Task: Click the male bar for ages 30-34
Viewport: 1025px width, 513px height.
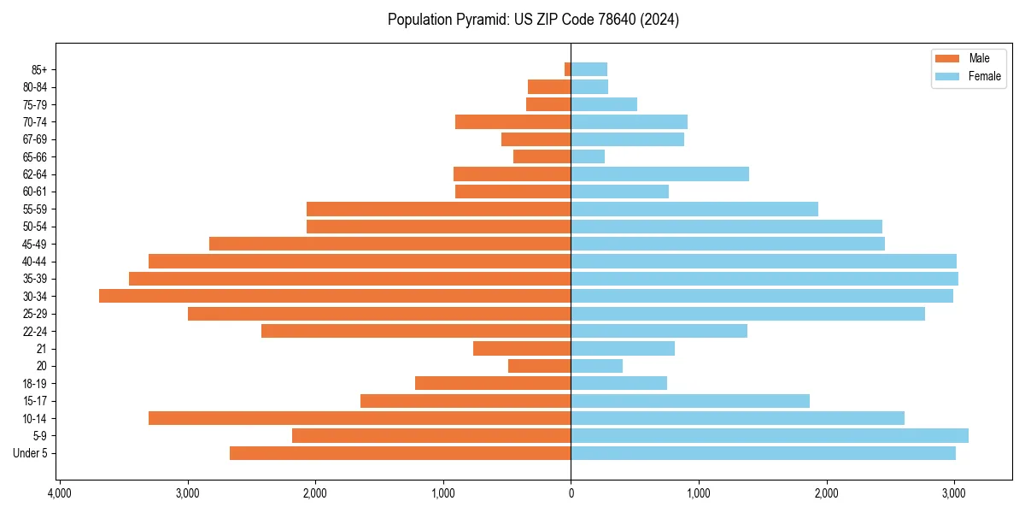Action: (x=335, y=296)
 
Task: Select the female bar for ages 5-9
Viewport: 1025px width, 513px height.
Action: (x=769, y=435)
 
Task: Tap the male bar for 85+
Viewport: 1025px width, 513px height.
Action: (x=567, y=69)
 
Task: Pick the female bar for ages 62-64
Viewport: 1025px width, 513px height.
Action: (x=659, y=174)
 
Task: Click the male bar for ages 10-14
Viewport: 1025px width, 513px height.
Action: (x=360, y=418)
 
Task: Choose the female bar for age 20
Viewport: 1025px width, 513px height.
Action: (x=596, y=366)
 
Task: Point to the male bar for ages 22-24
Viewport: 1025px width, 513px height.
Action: (x=416, y=331)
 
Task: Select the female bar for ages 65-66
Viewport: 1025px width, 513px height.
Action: (x=588, y=156)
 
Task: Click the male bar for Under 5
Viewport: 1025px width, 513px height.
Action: (x=400, y=453)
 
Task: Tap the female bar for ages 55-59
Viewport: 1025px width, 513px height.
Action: (x=694, y=209)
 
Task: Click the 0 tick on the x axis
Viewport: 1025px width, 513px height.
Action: (x=571, y=493)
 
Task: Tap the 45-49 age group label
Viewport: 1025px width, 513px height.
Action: (x=35, y=244)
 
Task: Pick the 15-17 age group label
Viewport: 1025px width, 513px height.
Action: (x=35, y=401)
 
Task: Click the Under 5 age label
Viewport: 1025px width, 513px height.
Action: (x=31, y=453)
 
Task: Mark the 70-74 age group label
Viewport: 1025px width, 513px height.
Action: (x=35, y=121)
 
